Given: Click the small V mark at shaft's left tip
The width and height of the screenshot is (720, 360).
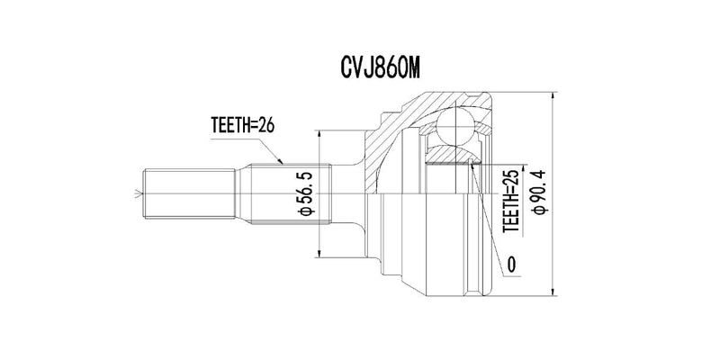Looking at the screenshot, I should click(138, 193).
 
